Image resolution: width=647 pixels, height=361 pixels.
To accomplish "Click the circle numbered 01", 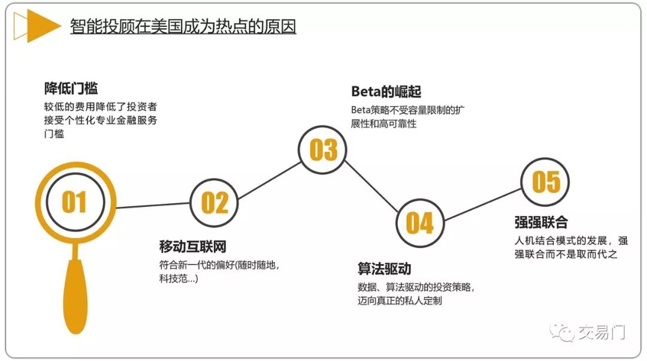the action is (74, 202).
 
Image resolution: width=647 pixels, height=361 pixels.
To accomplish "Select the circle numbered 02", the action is (214, 203).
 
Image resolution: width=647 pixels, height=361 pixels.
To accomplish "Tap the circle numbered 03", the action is (323, 150).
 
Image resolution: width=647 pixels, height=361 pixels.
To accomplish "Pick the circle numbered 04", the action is (419, 222).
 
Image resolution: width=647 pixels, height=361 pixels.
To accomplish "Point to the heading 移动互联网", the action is (193, 246).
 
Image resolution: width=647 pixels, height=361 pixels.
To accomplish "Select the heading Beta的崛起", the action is (386, 92).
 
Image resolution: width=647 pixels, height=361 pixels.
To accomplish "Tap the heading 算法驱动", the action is (384, 268).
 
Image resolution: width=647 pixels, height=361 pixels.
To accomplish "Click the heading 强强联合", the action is (540, 222).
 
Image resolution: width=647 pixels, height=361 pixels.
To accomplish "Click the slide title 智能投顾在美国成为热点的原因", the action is (183, 27).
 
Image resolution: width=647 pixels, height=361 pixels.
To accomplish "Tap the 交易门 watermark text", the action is (601, 332).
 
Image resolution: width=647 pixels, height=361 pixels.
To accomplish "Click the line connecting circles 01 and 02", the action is (153, 205).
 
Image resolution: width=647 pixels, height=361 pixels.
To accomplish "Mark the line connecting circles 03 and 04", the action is (371, 186).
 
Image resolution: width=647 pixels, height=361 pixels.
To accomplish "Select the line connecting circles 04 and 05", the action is (482, 203).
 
